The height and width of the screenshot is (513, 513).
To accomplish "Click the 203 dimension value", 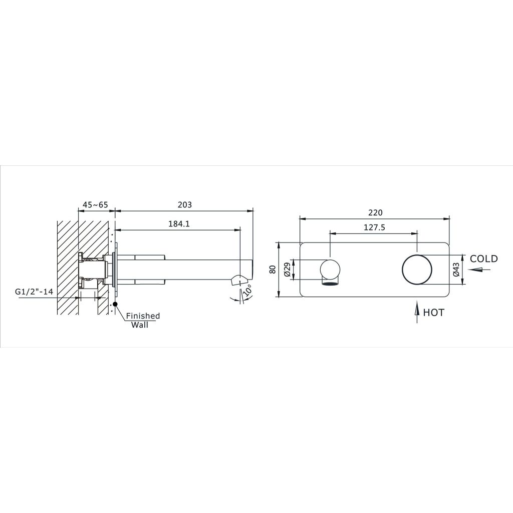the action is tap(184, 205).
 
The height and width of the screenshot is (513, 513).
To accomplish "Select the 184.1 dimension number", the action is tap(179, 224).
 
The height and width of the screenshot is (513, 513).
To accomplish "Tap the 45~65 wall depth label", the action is tap(95, 205).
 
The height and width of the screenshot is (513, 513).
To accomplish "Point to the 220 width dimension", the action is tap(375, 212).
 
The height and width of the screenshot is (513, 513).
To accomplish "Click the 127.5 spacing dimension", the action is tap(374, 227).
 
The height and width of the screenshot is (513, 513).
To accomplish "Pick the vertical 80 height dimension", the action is tap(273, 269).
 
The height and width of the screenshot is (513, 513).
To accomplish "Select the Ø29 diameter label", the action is tap(288, 270).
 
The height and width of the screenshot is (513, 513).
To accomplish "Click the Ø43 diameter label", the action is tap(456, 270).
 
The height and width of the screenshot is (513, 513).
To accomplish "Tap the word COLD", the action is tap(484, 259).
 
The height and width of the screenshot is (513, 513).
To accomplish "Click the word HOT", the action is tap(434, 313).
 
